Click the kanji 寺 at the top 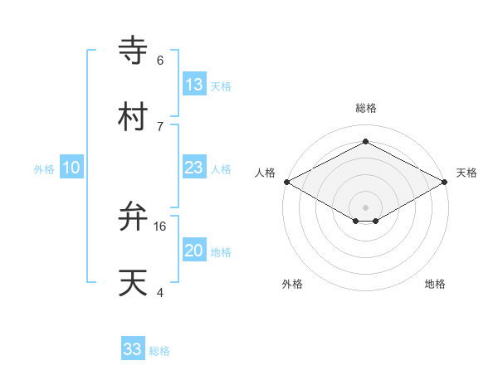click(x=133, y=51)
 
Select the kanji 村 click(x=133, y=117)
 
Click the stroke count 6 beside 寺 click(x=160, y=60)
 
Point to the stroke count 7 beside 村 click(x=160, y=126)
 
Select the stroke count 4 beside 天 click(x=160, y=292)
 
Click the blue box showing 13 click(x=194, y=85)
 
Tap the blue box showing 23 click(x=194, y=168)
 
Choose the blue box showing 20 click(x=194, y=251)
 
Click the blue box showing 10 click(x=71, y=168)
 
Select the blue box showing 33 click(x=133, y=349)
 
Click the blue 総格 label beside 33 click(x=159, y=351)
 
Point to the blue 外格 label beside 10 click(x=43, y=168)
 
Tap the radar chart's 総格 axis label click(x=366, y=108)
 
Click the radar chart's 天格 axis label click(x=466, y=173)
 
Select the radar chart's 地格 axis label click(x=435, y=284)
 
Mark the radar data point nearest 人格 click(x=286, y=182)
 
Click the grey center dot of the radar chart click(x=366, y=206)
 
